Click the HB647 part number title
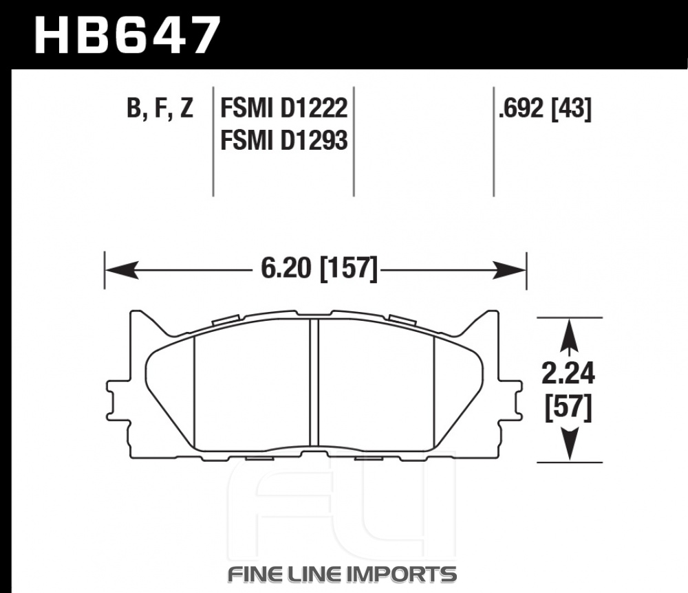coord(127,34)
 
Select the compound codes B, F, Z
coord(160,108)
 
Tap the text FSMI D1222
coord(284,108)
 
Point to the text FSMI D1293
coord(284,140)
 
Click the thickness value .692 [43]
coord(545,108)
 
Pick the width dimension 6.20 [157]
coord(319,268)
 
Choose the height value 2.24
coord(568,374)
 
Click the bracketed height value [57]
coord(568,408)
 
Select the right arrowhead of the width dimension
coord(509,270)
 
